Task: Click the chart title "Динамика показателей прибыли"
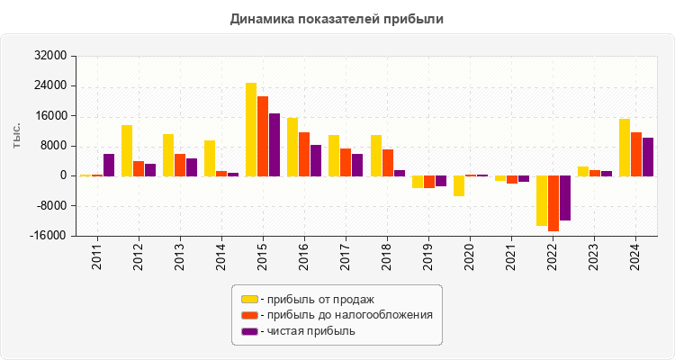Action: pos(337,18)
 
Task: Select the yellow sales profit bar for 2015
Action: pos(251,130)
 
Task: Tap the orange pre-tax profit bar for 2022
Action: pos(553,203)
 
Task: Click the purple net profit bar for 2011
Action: pos(109,165)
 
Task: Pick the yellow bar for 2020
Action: pos(459,185)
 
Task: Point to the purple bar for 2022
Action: pos(565,198)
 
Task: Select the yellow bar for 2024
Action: pos(625,148)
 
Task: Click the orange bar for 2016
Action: pos(304,154)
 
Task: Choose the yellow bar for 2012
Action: pos(127,150)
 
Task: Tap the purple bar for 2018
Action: pos(400,173)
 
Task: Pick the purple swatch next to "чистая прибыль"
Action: pos(249,331)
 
